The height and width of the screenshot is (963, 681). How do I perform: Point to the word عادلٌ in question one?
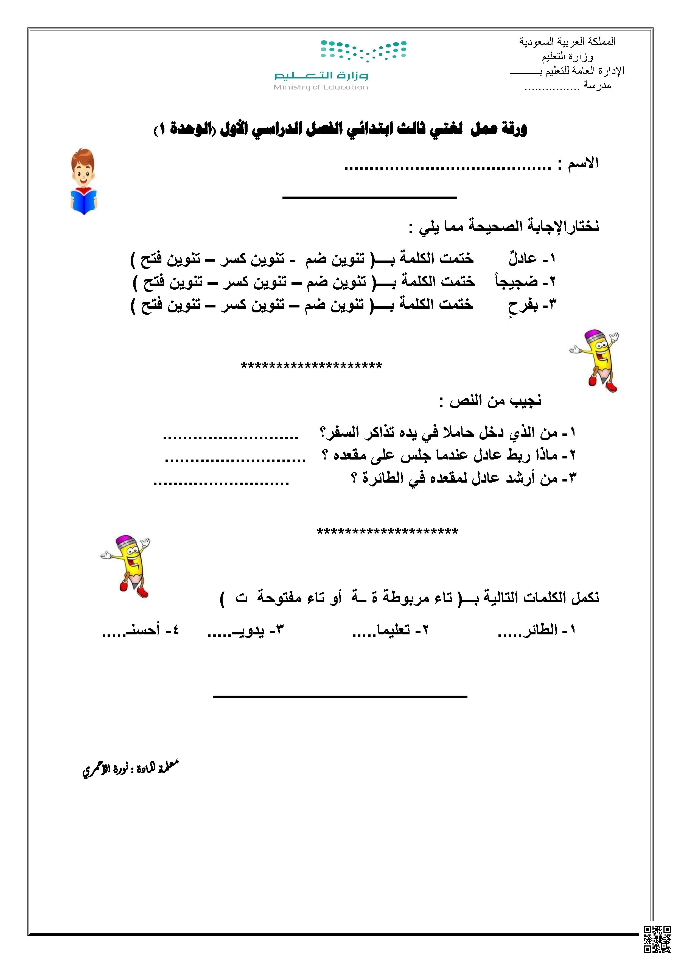click(523, 259)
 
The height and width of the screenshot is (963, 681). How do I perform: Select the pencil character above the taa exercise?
click(128, 566)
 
